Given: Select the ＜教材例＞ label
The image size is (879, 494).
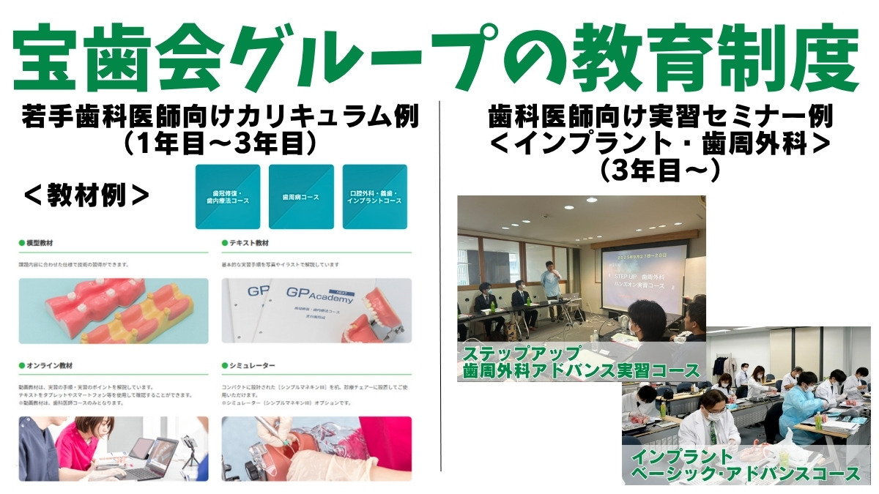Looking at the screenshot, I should point(86,195).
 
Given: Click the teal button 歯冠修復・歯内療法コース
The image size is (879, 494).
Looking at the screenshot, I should point(227,197).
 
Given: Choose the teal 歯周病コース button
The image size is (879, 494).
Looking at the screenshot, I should point(301,197).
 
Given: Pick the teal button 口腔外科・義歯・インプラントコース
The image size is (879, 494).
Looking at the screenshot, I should point(374,197).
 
